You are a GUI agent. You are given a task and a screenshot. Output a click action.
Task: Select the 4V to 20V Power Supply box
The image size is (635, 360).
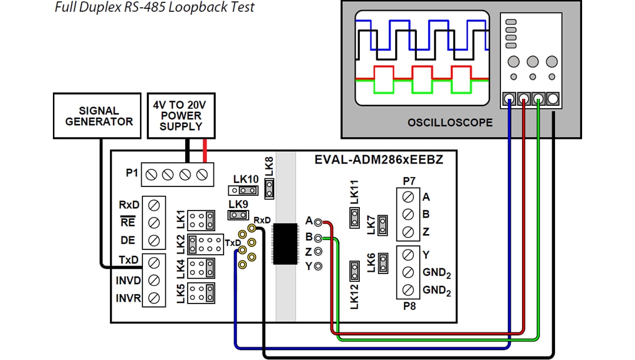tap(181, 115)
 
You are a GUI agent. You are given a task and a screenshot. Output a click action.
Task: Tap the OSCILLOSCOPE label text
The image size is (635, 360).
tap(450, 123)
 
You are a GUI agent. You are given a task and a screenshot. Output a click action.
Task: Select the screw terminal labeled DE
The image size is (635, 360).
tap(153, 240)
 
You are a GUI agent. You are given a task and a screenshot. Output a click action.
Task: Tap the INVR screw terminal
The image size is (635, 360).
tap(153, 298)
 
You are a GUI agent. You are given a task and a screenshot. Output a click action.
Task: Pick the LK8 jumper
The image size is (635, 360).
tap(269, 188)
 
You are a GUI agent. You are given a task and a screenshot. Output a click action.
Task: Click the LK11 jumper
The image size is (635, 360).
tap(355, 219)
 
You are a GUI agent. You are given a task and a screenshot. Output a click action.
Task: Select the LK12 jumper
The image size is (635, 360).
tap(355, 271)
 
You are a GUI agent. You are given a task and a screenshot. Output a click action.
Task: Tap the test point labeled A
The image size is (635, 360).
tap(318, 222)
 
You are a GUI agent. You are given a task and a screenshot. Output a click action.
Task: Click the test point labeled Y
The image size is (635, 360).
tap(318, 266)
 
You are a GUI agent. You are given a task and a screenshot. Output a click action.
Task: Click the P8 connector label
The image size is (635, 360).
tap(409, 306)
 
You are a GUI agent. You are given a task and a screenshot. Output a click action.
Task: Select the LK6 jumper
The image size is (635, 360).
tap(383, 262)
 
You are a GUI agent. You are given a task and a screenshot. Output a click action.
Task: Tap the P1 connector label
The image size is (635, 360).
tap(132, 174)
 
